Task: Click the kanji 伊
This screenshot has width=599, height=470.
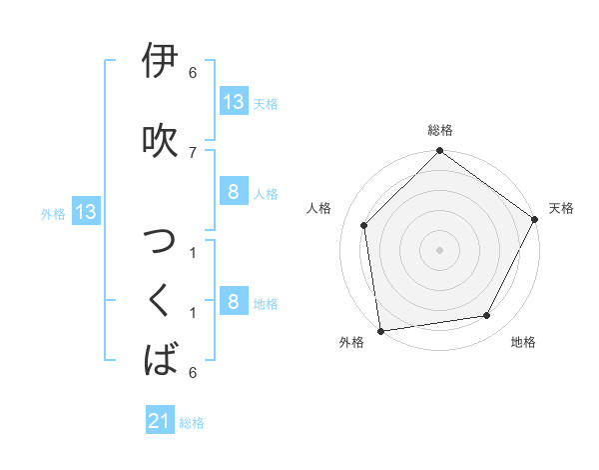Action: point(161,62)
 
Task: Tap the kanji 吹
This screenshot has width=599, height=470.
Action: point(161,139)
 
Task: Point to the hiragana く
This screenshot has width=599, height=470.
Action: point(161,299)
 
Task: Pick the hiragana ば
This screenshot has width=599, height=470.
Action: point(161,358)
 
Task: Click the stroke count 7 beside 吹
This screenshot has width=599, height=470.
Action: point(193,152)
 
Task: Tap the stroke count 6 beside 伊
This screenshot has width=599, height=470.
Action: point(193,73)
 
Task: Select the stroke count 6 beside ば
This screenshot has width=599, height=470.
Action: point(193,372)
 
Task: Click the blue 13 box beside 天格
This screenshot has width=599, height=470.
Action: point(233,102)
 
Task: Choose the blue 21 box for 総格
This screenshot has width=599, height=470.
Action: point(161,421)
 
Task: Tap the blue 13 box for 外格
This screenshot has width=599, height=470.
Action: point(85,212)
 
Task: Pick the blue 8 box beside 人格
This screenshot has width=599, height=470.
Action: point(233,192)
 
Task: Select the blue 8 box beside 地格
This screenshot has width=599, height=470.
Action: point(233,302)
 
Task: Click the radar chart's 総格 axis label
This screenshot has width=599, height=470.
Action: point(440,130)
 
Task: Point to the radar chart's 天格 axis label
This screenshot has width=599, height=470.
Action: point(561,208)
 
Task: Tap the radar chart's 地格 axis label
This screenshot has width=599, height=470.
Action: point(523,342)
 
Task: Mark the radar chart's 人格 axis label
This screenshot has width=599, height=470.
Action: point(319,208)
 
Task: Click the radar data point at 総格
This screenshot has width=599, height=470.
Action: point(439,152)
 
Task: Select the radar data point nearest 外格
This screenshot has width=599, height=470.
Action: point(380,330)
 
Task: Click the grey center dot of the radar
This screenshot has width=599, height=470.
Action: point(439,249)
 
